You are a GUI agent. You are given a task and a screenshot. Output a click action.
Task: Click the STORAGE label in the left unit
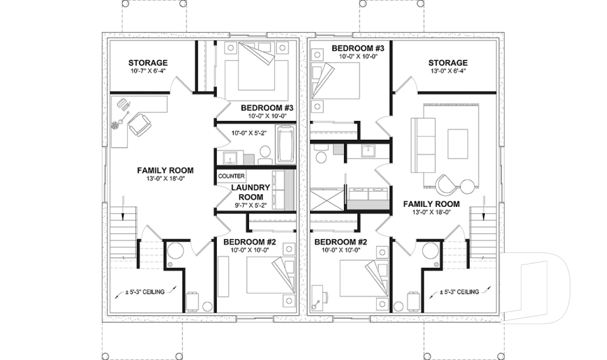(148, 63)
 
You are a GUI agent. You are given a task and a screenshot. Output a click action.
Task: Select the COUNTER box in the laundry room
(231, 176)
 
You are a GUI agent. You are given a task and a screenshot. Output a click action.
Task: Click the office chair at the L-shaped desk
(140, 125)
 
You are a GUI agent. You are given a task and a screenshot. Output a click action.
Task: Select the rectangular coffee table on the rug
(458, 144)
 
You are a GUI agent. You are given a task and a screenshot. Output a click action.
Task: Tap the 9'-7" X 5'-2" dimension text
(250, 205)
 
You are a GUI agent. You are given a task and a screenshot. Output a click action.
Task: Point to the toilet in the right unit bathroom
(321, 154)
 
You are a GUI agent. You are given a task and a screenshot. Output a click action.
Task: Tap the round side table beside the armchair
(467, 185)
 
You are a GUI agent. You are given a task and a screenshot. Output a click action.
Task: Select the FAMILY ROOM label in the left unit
(165, 170)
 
